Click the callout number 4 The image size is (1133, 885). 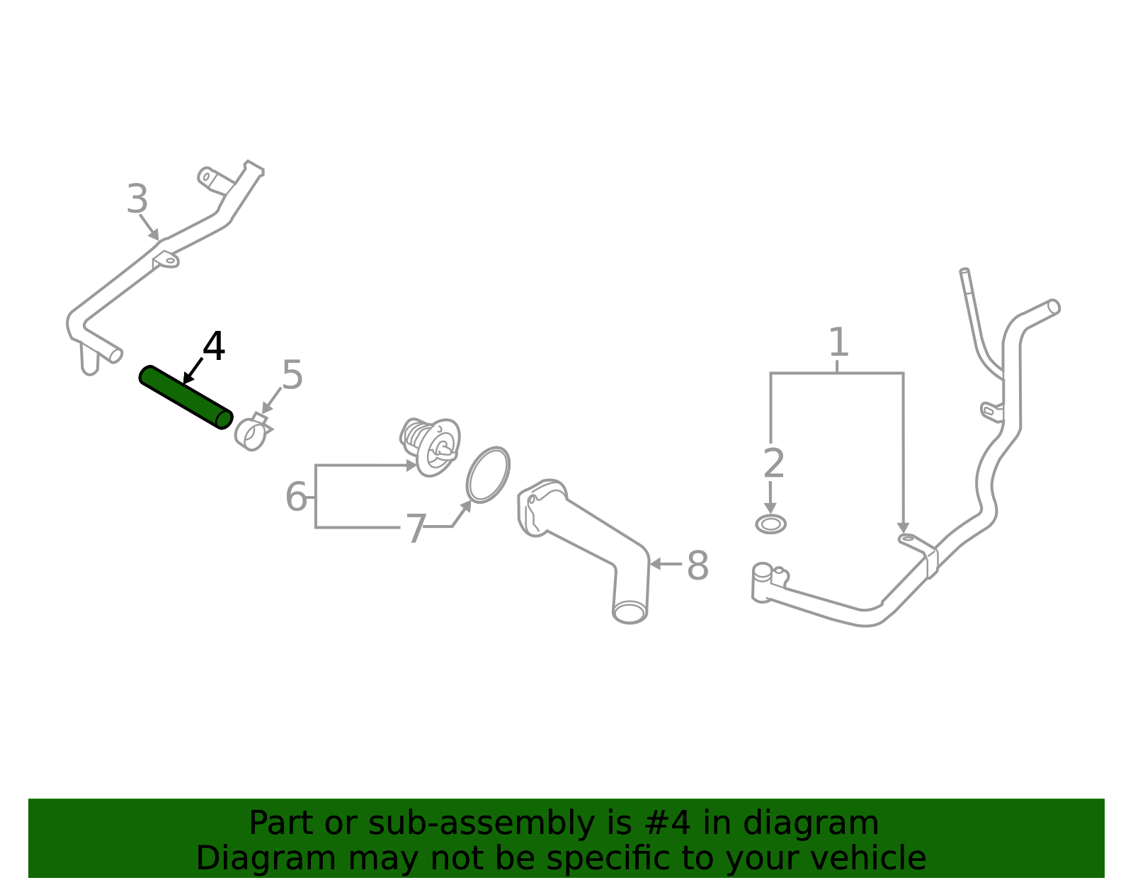click(213, 347)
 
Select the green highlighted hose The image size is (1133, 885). click(186, 397)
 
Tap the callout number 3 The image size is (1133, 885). click(137, 200)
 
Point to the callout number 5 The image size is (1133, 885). click(292, 375)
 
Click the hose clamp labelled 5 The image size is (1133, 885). click(251, 433)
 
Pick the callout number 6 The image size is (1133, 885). click(296, 497)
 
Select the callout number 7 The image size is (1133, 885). click(415, 529)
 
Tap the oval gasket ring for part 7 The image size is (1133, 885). click(488, 475)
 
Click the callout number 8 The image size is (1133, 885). click(698, 566)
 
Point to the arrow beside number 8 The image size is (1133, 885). click(664, 564)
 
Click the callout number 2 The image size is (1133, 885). click(774, 464)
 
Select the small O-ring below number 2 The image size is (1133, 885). click(770, 524)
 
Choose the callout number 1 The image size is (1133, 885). click(838, 343)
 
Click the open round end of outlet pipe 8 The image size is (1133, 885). click(630, 611)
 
